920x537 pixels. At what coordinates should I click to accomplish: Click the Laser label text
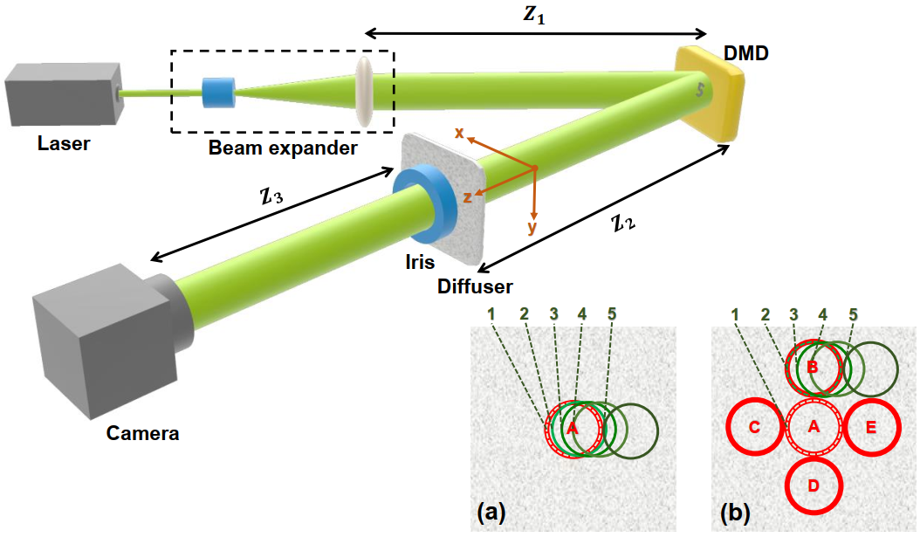tap(63, 142)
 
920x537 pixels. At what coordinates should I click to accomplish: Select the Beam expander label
tap(282, 148)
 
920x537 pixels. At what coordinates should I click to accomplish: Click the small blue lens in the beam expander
tap(218, 92)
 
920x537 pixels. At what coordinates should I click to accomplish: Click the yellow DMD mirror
tap(708, 93)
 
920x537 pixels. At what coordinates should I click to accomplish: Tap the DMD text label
tap(745, 56)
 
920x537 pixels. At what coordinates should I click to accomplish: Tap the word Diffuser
tap(476, 286)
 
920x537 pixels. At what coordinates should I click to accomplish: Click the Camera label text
tap(142, 432)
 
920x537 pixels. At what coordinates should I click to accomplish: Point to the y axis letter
tap(531, 227)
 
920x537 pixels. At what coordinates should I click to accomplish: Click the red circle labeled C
tap(754, 427)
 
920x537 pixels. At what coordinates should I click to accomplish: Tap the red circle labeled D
tap(813, 485)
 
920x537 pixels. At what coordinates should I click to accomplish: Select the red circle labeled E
tap(871, 427)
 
